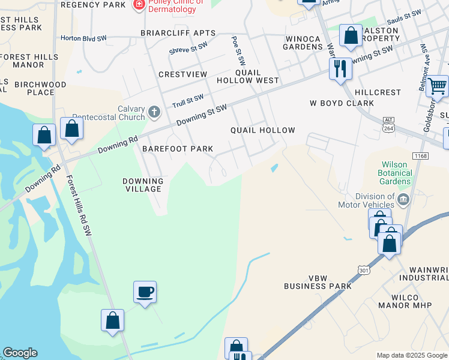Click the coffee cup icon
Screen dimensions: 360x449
pyautogui.click(x=145, y=292)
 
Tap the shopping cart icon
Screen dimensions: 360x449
pyautogui.click(x=438, y=86)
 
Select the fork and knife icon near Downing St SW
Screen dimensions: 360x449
pyautogui.click(x=340, y=69)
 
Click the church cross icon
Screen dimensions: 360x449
pyautogui.click(x=154, y=112)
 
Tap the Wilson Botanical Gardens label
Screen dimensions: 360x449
pyautogui.click(x=397, y=173)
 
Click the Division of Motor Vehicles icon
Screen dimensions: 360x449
pyautogui.click(x=403, y=199)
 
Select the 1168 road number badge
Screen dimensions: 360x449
pyautogui.click(x=420, y=155)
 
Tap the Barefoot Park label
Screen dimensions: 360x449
pyautogui.click(x=178, y=149)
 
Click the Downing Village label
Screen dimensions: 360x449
pyautogui.click(x=143, y=185)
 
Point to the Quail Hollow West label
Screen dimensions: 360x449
pyautogui.click(x=257, y=76)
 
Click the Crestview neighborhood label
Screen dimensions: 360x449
pyautogui.click(x=182, y=74)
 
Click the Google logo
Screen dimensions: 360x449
pyautogui.click(x=20, y=353)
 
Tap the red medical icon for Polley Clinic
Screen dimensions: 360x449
pyautogui.click(x=139, y=4)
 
